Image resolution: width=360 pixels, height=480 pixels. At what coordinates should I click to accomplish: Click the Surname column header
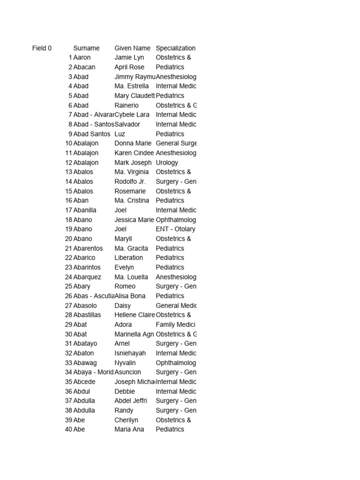click(86, 48)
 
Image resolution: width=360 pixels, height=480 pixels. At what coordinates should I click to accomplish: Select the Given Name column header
click(132, 48)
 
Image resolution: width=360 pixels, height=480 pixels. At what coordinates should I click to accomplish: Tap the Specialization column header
click(175, 48)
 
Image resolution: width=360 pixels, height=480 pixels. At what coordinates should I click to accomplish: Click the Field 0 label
click(42, 48)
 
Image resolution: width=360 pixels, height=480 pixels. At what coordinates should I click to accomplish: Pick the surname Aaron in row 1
click(82, 58)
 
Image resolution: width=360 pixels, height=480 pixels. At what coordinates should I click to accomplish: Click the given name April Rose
click(129, 67)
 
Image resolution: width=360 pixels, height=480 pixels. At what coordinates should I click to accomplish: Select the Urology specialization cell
click(167, 163)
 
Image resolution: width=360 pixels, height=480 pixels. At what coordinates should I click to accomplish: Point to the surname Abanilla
click(85, 210)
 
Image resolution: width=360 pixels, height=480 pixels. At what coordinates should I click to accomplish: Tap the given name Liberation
click(128, 258)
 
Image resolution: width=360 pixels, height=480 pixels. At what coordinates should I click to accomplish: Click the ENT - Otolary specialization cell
click(175, 229)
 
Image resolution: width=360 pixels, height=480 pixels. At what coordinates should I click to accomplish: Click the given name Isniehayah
click(130, 353)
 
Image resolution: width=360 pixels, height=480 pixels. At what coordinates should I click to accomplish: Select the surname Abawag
click(85, 363)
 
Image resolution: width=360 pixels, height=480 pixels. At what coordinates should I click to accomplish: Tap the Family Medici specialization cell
click(175, 324)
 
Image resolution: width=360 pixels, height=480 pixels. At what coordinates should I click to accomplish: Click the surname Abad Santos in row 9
click(92, 134)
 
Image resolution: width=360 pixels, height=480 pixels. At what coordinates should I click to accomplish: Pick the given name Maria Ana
click(129, 429)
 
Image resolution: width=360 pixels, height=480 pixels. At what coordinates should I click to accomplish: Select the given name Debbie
click(125, 391)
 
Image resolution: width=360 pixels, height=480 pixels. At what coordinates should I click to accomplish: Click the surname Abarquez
click(87, 277)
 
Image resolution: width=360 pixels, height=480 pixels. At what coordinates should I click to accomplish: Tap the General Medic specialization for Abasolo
click(176, 306)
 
